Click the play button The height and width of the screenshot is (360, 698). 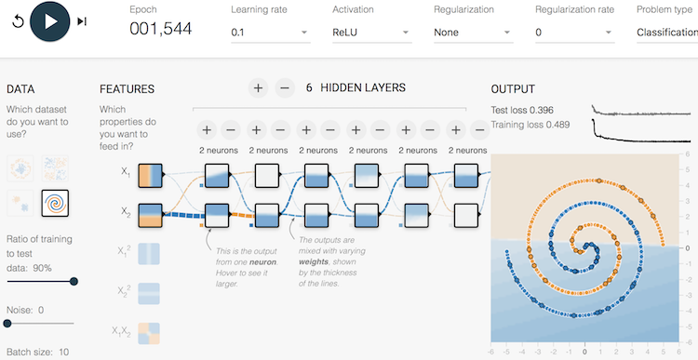tap(50, 20)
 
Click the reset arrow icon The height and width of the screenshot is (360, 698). tap(18, 21)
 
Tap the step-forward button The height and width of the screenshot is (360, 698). tap(82, 21)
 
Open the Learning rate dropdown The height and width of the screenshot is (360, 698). tap(270, 33)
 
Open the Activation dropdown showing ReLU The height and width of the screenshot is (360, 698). tap(371, 33)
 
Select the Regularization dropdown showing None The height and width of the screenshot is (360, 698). tap(473, 33)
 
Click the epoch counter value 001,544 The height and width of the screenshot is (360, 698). tap(160, 30)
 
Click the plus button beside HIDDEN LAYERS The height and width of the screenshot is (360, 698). tap(258, 88)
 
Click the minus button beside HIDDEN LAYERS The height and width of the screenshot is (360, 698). tap(285, 88)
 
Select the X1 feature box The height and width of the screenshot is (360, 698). tap(149, 175)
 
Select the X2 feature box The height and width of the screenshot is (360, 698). tap(149, 216)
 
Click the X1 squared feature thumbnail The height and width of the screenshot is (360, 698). tap(149, 255)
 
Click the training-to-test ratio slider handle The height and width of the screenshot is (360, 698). tap(74, 281)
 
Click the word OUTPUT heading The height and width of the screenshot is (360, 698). tap(513, 89)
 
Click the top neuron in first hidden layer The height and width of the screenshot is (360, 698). tap(216, 175)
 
